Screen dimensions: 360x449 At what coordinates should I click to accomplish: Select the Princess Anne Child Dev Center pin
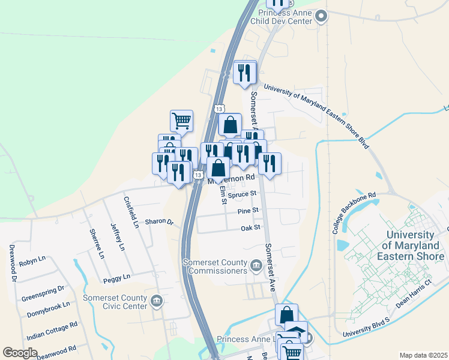(x=321, y=16)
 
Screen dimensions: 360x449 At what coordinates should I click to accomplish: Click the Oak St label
(x=250, y=228)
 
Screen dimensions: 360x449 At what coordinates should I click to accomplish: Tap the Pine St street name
(x=247, y=211)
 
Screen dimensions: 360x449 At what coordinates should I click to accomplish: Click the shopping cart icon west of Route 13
(x=181, y=120)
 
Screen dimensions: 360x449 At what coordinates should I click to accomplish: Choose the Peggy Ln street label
(x=116, y=278)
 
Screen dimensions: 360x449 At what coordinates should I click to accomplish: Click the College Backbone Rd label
(x=354, y=214)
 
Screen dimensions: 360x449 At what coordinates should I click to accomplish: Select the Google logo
(x=20, y=353)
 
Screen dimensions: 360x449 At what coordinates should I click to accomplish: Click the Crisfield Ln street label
(x=131, y=212)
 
